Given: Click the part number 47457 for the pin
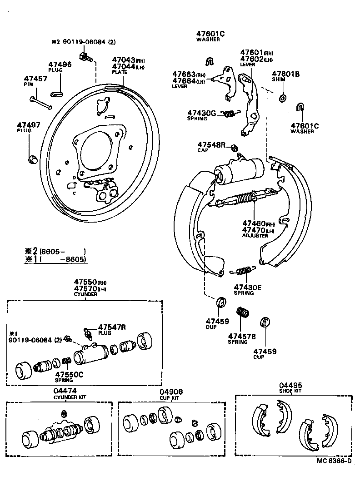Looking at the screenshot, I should [35, 79].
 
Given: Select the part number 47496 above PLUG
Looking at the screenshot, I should [60, 64].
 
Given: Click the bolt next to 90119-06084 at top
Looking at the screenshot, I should [85, 57].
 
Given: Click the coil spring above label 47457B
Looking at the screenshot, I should [243, 313].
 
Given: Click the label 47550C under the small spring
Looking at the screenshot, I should [68, 375].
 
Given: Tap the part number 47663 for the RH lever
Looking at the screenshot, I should [184, 74].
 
